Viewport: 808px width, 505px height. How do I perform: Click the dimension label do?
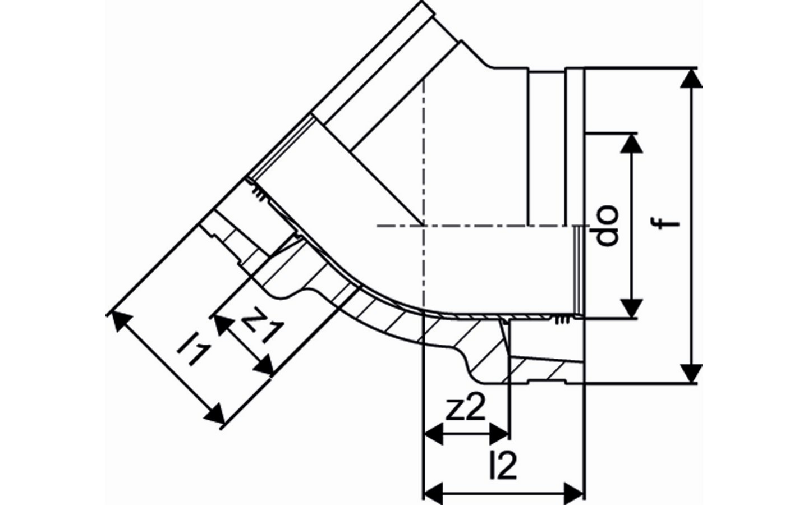point(607,226)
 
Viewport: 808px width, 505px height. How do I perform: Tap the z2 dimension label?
point(466,411)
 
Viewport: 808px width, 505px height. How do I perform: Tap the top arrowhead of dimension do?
point(633,143)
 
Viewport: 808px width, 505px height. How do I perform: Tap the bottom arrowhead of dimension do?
point(633,308)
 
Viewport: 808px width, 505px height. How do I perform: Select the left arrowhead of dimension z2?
point(432,433)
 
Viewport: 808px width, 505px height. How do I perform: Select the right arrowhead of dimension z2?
point(501,433)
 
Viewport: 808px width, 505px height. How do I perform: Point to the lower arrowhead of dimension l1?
point(215,416)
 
